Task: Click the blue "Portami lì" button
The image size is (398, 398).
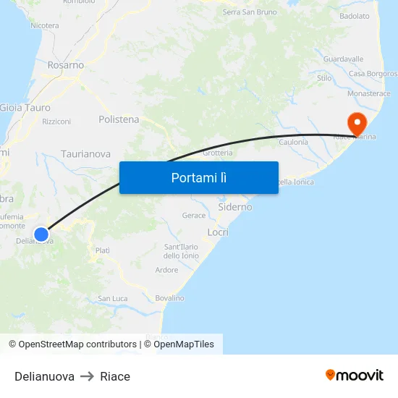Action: tap(199, 177)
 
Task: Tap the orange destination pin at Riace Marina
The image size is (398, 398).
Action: tap(357, 122)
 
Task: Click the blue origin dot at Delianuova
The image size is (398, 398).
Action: tap(41, 234)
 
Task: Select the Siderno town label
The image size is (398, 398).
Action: tap(235, 207)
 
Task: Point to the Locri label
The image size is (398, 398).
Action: tap(218, 232)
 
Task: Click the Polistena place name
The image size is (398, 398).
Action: tap(119, 119)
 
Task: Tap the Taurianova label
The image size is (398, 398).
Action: tap(86, 154)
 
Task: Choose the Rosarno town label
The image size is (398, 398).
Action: tap(66, 65)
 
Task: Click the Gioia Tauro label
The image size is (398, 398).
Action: tap(21, 108)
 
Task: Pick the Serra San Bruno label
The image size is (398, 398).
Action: tap(250, 12)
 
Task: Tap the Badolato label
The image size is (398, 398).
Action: tap(355, 16)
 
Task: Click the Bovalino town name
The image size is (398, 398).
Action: tap(169, 298)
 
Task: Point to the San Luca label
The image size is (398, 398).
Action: tap(113, 298)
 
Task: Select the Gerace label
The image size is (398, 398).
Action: tap(194, 216)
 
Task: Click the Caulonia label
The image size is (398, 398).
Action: tap(294, 142)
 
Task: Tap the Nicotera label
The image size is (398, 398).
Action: tap(45, 26)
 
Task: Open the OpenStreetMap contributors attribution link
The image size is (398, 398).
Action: tap(77, 344)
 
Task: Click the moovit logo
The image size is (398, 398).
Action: tap(355, 376)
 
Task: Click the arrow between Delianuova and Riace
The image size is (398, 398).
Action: tap(87, 376)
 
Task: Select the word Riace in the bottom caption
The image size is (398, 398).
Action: tap(115, 376)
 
